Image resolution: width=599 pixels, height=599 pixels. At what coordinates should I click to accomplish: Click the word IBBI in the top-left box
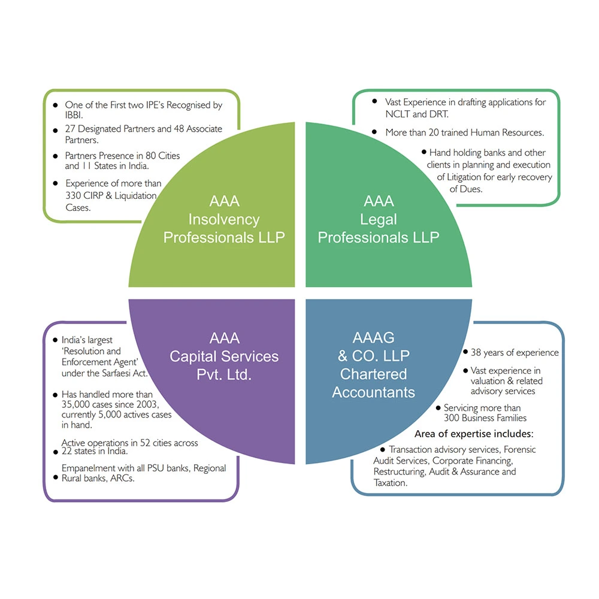74,115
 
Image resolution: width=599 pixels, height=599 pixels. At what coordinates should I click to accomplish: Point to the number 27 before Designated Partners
71,129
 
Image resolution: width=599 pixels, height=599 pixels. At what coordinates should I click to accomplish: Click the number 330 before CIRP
75,195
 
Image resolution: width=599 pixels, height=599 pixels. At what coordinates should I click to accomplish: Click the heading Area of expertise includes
474,433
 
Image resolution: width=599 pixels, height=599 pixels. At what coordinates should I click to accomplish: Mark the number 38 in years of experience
477,352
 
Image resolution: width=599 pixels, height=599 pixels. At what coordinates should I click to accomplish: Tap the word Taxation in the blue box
391,482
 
